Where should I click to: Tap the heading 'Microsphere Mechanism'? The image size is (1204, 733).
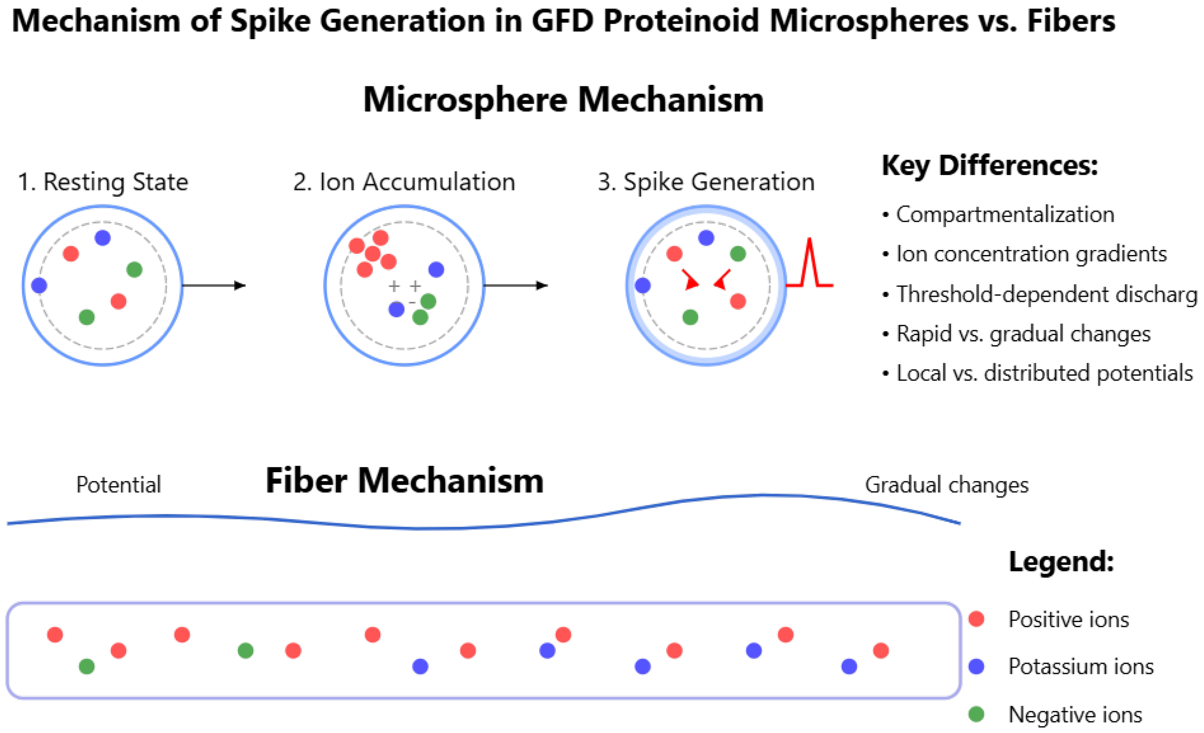click(563, 99)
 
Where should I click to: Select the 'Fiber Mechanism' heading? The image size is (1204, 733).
click(405, 481)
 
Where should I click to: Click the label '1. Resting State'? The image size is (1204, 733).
click(103, 182)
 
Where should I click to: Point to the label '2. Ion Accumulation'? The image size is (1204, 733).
click(404, 182)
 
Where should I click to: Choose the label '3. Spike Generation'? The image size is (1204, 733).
click(706, 182)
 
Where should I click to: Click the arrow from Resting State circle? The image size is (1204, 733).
click(214, 285)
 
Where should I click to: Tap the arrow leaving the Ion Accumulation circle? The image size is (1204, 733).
click(516, 285)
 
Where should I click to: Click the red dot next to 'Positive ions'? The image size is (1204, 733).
click(976, 619)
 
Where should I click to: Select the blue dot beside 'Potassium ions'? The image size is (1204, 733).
click(976, 666)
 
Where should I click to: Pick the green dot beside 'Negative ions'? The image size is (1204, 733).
click(976, 714)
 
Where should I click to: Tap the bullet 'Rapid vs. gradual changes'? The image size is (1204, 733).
click(1023, 334)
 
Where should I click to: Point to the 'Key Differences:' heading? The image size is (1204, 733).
click(990, 166)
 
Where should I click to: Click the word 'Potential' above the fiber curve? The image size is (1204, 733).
click(118, 485)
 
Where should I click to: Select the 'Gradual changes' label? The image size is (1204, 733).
click(947, 485)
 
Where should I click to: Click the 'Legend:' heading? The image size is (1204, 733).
click(1061, 561)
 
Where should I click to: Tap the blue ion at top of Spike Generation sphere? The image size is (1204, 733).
click(706, 238)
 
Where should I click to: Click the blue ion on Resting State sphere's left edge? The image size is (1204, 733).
click(39, 285)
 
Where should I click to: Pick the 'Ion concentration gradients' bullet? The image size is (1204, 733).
click(1031, 254)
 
